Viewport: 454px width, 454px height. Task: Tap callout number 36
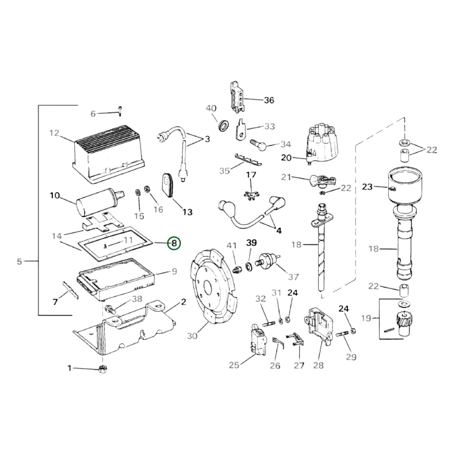(269, 100)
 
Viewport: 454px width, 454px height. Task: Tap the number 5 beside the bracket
(19, 261)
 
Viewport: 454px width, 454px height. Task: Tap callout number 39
(251, 243)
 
